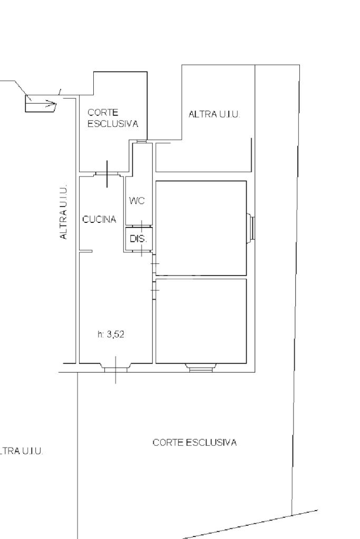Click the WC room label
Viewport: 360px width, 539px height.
(137, 201)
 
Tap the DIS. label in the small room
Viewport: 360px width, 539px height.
(138, 239)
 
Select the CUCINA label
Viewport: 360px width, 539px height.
(99, 219)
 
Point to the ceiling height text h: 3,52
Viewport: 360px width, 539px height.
(111, 334)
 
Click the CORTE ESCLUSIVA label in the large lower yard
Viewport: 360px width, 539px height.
(194, 443)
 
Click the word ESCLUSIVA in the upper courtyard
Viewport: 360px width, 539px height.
(113, 124)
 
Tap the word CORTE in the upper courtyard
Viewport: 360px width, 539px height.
(103, 112)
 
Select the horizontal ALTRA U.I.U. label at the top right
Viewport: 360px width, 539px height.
(214, 114)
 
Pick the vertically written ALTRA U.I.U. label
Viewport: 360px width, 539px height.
(63, 212)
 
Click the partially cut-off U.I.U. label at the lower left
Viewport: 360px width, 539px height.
(21, 451)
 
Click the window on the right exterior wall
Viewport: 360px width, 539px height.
(251, 228)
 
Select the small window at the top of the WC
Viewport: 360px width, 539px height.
(141, 141)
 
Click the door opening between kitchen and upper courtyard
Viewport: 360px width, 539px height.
(108, 174)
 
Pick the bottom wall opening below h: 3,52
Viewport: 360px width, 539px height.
(115, 368)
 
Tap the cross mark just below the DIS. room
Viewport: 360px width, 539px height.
(142, 250)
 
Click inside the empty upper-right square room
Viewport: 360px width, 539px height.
(201, 228)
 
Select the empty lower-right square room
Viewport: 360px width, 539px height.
(201, 321)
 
